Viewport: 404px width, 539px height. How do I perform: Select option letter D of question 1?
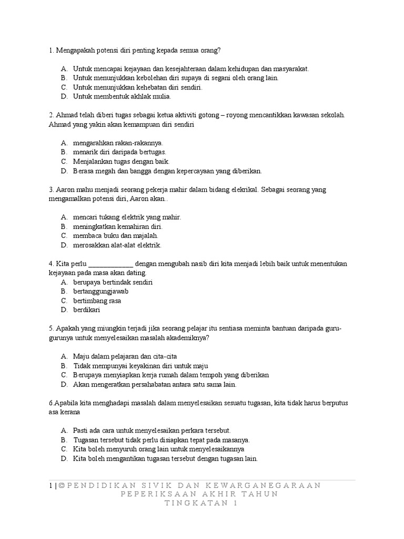pyautogui.click(x=64, y=97)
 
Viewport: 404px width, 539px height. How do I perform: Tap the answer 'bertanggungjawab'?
pyautogui.click(x=101, y=291)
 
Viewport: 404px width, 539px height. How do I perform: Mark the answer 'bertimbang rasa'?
pyautogui.click(x=97, y=301)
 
